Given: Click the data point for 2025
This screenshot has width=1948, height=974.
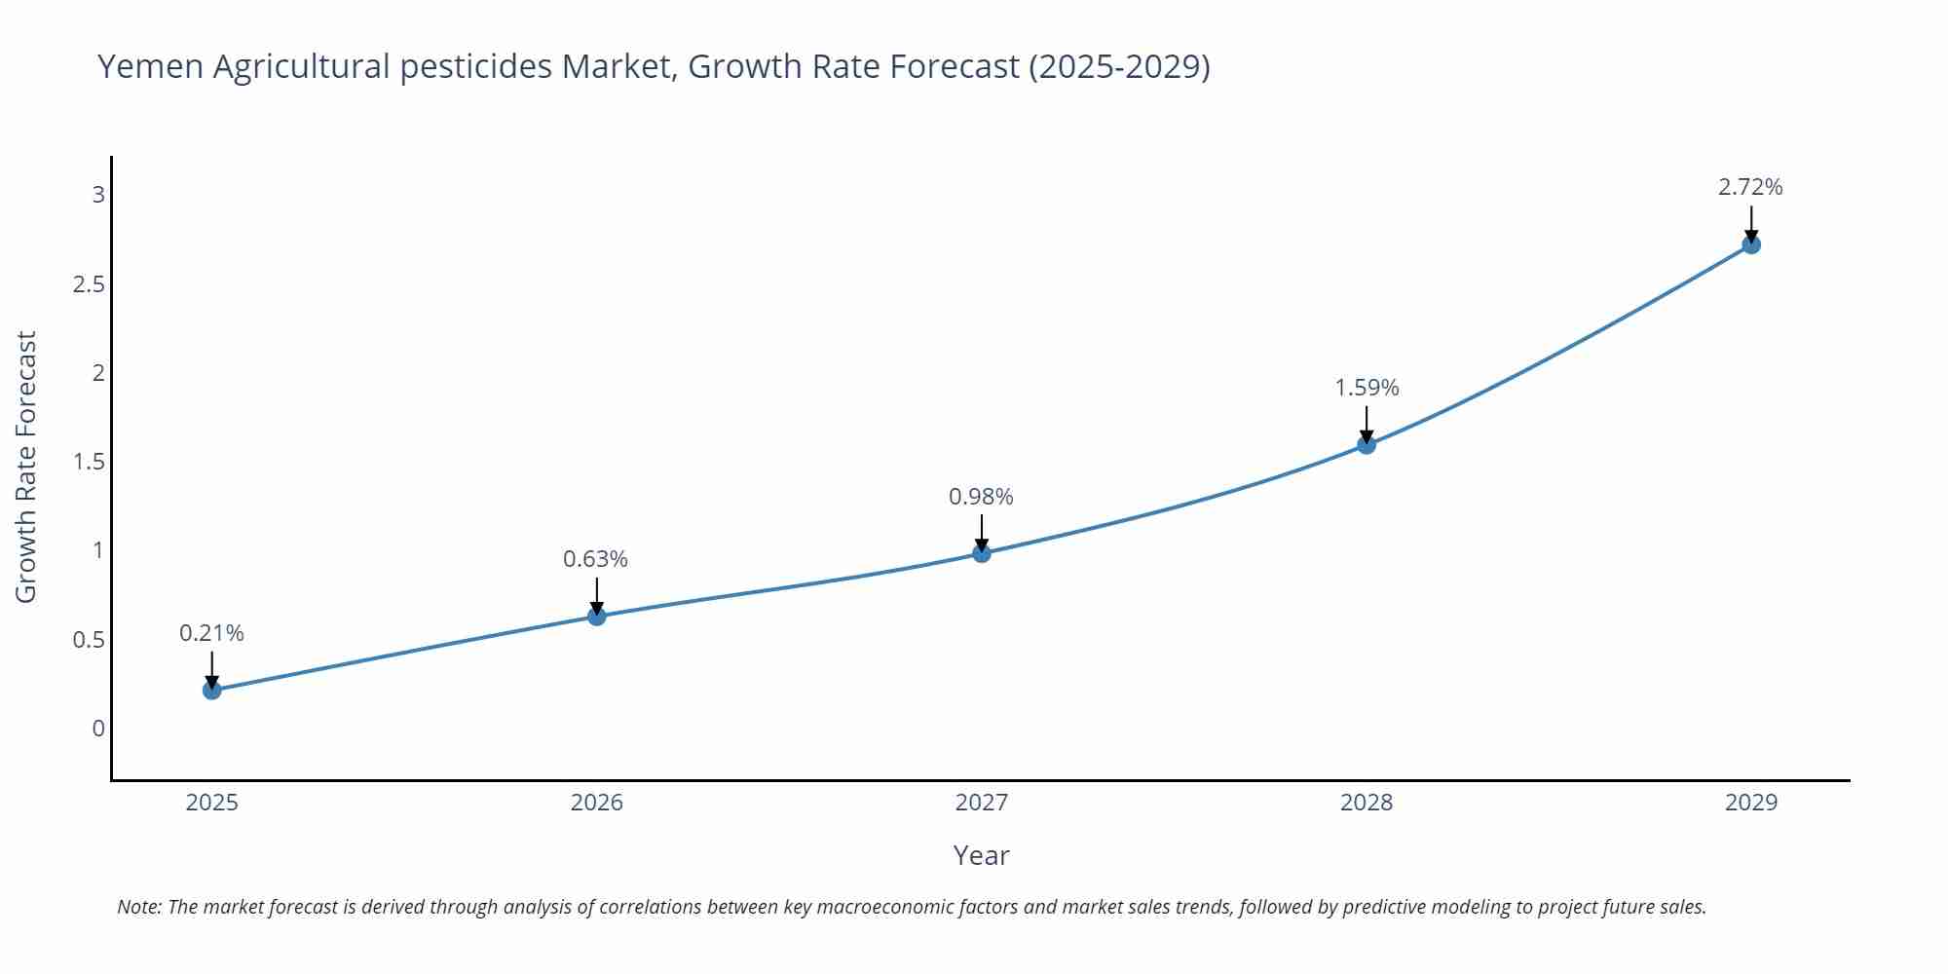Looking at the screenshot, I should pos(212,691).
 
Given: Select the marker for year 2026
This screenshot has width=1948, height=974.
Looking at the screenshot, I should pos(597,616).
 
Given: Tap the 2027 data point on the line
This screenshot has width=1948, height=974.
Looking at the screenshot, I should pos(982,553).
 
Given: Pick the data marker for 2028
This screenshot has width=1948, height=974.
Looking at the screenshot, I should pos(1367,445).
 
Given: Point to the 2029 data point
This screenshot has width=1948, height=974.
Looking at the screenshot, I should pos(1751,244).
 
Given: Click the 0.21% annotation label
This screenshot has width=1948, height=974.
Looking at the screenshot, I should pos(211,633).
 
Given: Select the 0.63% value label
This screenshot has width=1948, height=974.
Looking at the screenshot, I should pos(595,559).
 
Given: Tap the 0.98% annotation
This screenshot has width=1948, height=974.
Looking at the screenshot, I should pos(981,497).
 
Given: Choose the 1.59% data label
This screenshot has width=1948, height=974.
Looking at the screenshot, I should pos(1367,388).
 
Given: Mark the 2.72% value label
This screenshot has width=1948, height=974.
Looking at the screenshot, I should pos(1750,187).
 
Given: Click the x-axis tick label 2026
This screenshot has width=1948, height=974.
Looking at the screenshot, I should pos(597,803).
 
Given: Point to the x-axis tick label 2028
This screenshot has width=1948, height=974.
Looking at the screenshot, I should pos(1367,803).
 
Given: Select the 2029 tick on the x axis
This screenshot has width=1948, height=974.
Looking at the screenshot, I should pos(1751,803).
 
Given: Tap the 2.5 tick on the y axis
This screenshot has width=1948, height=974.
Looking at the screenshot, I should pos(89,284).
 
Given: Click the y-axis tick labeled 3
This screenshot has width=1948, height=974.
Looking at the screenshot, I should pos(98,195).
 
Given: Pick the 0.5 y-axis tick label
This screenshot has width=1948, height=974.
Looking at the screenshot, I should pos(89,640).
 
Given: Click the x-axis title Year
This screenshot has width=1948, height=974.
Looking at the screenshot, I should pos(981,855).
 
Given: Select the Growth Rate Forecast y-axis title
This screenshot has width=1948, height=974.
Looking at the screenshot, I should pos(26,467).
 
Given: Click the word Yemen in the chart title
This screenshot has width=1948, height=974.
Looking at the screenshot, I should pos(150,67).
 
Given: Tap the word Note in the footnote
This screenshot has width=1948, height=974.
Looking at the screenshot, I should pos(139,907).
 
